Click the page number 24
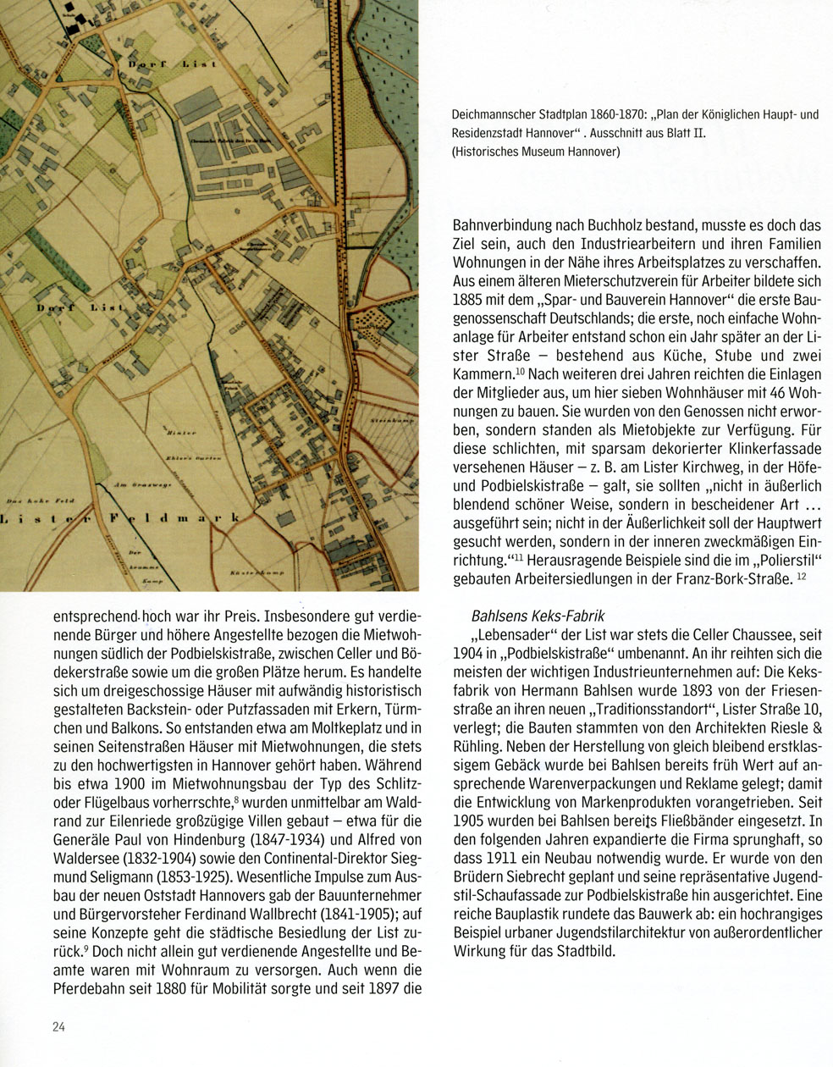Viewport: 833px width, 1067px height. pos(58,1027)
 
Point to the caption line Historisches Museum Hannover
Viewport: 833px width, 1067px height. pos(536,152)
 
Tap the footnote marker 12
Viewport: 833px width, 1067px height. pos(803,577)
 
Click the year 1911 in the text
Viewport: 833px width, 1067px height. pos(499,858)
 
